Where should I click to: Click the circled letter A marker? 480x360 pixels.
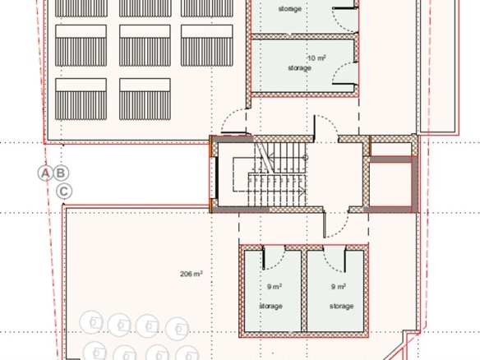[45, 173]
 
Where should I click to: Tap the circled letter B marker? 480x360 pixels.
[61, 173]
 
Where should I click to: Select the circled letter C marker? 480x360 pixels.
[64, 192]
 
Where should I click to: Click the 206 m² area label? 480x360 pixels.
[191, 274]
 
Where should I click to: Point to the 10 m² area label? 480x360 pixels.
[316, 58]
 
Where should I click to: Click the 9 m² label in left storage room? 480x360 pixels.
[275, 287]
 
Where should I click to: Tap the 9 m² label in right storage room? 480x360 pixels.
[339, 287]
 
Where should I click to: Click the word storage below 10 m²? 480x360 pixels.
[300, 68]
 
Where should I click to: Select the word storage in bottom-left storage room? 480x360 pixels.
[271, 306]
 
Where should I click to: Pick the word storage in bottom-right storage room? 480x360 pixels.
[342, 306]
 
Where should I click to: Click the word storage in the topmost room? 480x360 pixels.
[290, 9]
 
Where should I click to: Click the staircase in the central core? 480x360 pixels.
[277, 174]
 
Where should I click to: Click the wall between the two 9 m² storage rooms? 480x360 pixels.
[303, 291]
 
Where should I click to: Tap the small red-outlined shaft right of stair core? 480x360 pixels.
[390, 183]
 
